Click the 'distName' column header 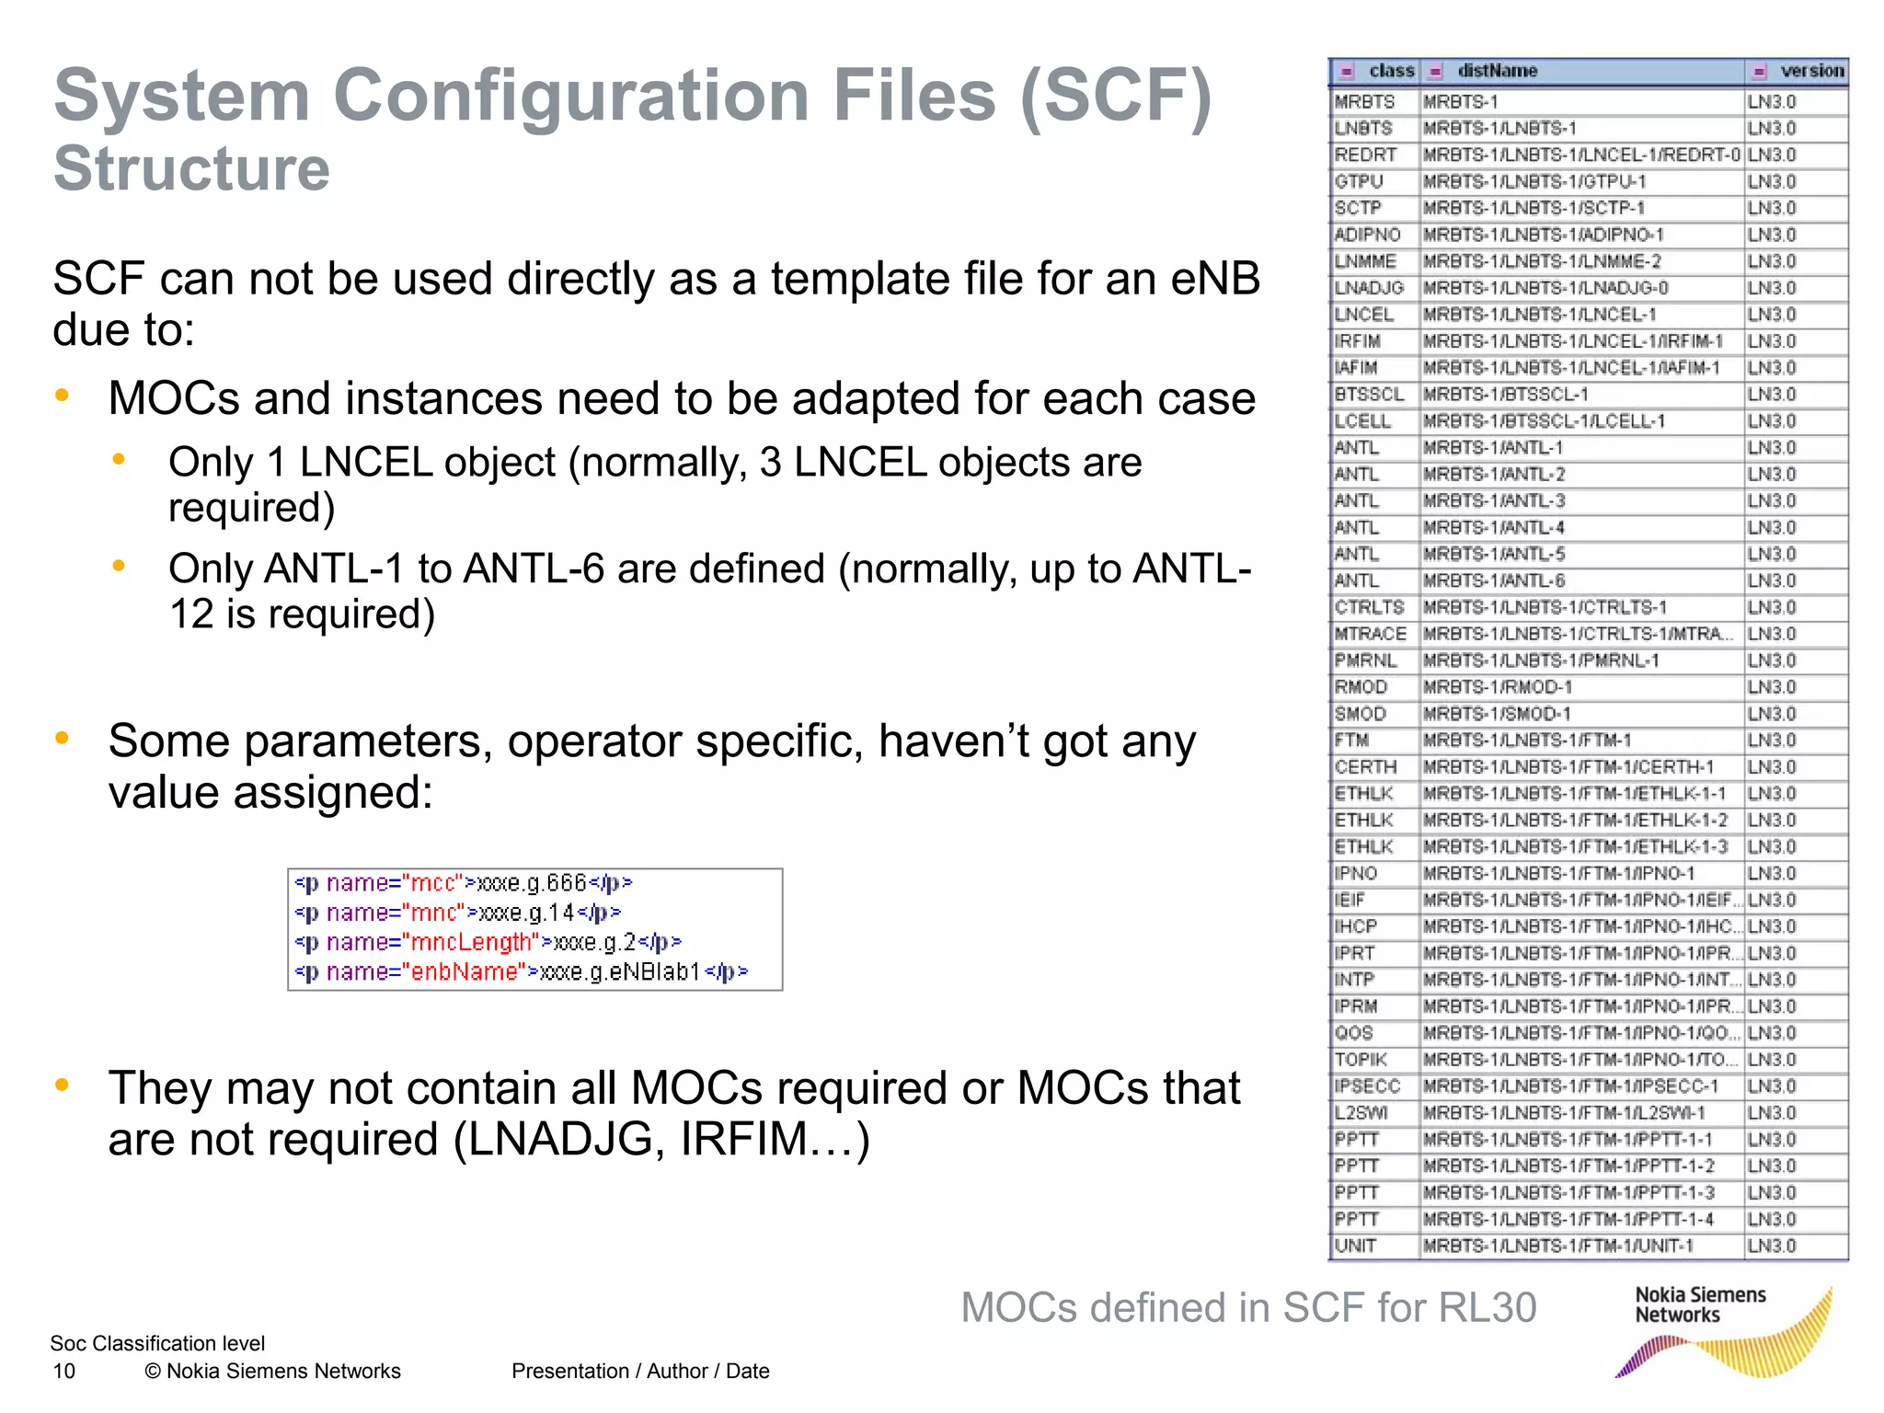click(1497, 71)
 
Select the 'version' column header click(1811, 71)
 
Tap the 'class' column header click(1391, 71)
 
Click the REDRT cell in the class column click(1365, 155)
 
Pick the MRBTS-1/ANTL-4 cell click(1493, 528)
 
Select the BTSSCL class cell click(1369, 395)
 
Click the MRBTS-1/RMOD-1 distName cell click(1497, 687)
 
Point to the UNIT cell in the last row click(1356, 1246)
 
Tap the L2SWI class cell click(1361, 1113)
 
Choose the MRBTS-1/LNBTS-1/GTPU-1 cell click(1534, 181)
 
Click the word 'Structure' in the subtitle click(191, 169)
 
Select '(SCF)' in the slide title click(1115, 96)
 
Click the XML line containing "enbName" click(521, 972)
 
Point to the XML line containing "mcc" click(463, 883)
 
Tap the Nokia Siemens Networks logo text click(1699, 1305)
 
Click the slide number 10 click(64, 1372)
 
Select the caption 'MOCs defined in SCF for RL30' click(1248, 1307)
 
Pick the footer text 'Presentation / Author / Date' click(640, 1372)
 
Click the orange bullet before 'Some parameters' click(62, 738)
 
